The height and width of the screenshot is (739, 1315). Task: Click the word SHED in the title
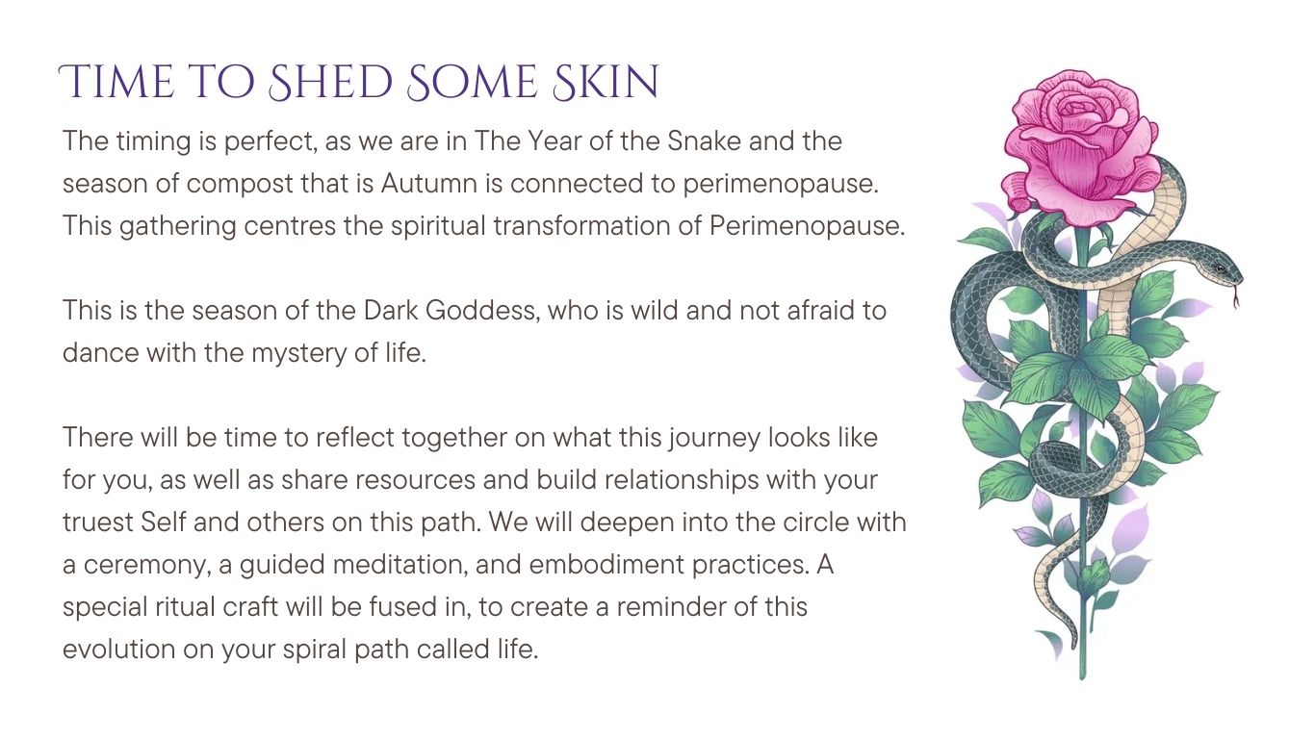click(x=330, y=82)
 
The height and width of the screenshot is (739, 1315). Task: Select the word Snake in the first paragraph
click(x=704, y=140)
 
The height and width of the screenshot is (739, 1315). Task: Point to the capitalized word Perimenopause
click(x=808, y=226)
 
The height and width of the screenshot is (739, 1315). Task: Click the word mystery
click(x=298, y=354)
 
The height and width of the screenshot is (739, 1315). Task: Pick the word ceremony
click(x=147, y=566)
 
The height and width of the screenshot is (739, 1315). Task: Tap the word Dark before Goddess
click(x=391, y=311)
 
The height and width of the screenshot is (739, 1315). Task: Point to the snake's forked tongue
click(x=1236, y=297)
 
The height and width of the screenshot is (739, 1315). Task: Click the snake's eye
click(x=1221, y=268)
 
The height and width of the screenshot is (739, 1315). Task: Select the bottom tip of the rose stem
click(x=1083, y=678)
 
